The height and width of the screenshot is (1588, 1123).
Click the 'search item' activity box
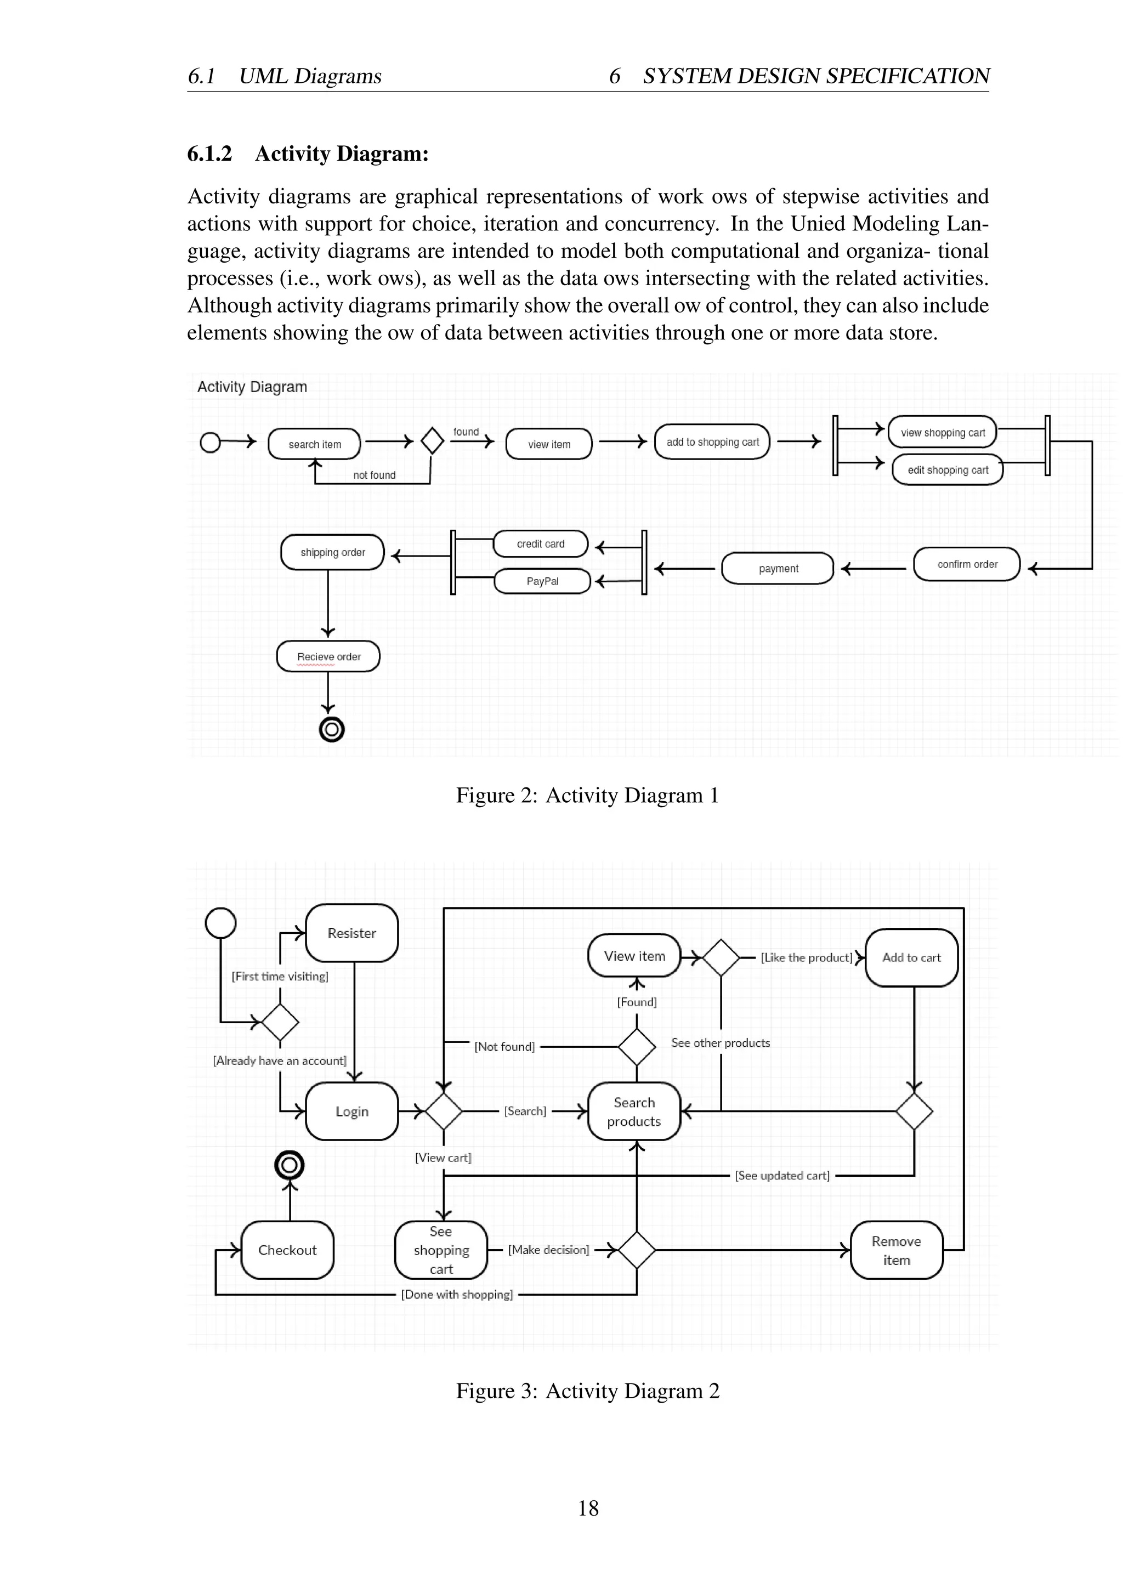pyautogui.click(x=315, y=444)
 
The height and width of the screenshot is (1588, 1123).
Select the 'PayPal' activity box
pyautogui.click(x=542, y=581)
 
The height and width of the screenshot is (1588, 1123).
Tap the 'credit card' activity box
pyautogui.click(x=540, y=543)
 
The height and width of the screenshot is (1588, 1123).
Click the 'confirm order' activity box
pyautogui.click(x=967, y=564)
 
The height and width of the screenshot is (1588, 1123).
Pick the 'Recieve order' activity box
pyautogui.click(x=328, y=656)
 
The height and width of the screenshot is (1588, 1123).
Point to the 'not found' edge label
pyautogui.click(x=374, y=475)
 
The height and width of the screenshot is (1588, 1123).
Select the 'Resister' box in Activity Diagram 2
pyautogui.click(x=351, y=933)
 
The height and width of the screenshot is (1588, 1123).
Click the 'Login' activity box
pyautogui.click(x=351, y=1111)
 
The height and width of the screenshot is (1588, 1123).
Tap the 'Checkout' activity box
pyautogui.click(x=287, y=1250)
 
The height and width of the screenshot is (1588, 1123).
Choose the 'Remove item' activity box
pyautogui.click(x=896, y=1250)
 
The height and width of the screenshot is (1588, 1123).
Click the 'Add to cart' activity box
pyautogui.click(x=911, y=957)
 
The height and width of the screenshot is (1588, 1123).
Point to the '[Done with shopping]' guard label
pyautogui.click(x=457, y=1294)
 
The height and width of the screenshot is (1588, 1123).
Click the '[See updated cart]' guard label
pyautogui.click(x=782, y=1175)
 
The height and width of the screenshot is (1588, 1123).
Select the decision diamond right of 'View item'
pyautogui.click(x=721, y=957)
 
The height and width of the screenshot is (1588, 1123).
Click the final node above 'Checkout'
pyautogui.click(x=290, y=1165)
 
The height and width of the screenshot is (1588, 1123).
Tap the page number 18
pyautogui.click(x=588, y=1508)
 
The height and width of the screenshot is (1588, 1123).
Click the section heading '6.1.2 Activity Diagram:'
pyautogui.click(x=308, y=153)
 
